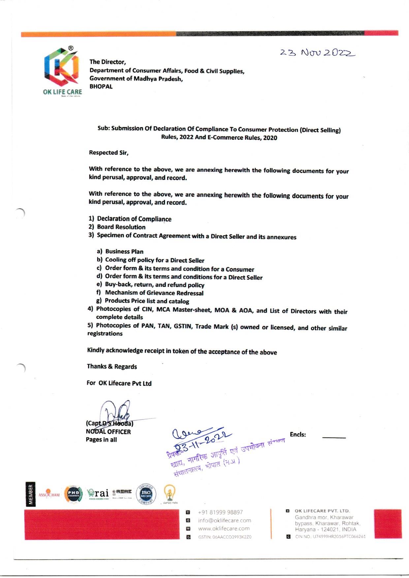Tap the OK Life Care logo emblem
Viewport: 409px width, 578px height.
coord(62,67)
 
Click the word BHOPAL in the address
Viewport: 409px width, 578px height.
coord(101,86)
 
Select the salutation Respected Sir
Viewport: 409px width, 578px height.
coord(109,153)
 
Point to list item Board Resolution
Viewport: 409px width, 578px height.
coord(121,227)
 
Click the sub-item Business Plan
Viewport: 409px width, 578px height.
coord(124,252)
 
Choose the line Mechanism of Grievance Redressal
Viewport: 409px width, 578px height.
coord(154,293)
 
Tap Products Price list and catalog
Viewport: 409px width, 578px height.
coord(147,301)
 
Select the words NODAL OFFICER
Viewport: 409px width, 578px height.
coord(108,432)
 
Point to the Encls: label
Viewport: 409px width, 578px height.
coord(298,435)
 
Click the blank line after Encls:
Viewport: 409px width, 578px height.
coord(334,438)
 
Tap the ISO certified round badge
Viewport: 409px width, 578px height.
coord(146,494)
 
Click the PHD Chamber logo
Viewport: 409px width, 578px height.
coord(73,494)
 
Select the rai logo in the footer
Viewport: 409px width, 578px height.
coord(98,493)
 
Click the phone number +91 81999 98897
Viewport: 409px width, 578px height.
coord(220,512)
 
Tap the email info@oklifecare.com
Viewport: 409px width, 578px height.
coord(224,520)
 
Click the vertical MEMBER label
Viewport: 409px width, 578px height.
coord(31,494)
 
